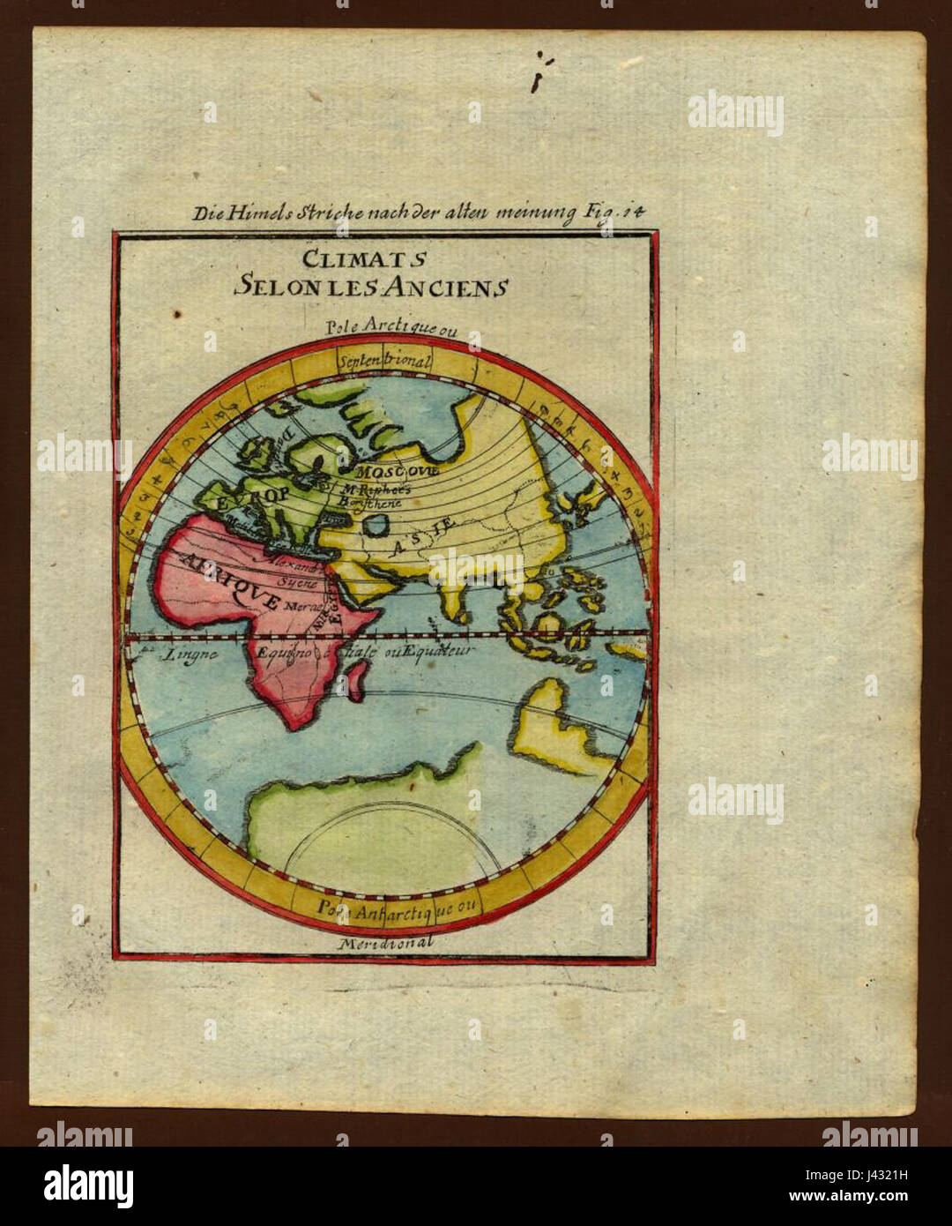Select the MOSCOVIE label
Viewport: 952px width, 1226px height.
coord(398,470)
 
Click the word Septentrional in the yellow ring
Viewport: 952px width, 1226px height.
coord(384,361)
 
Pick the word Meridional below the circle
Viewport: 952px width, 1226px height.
coord(386,943)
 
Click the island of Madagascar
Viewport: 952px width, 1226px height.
coord(356,680)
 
